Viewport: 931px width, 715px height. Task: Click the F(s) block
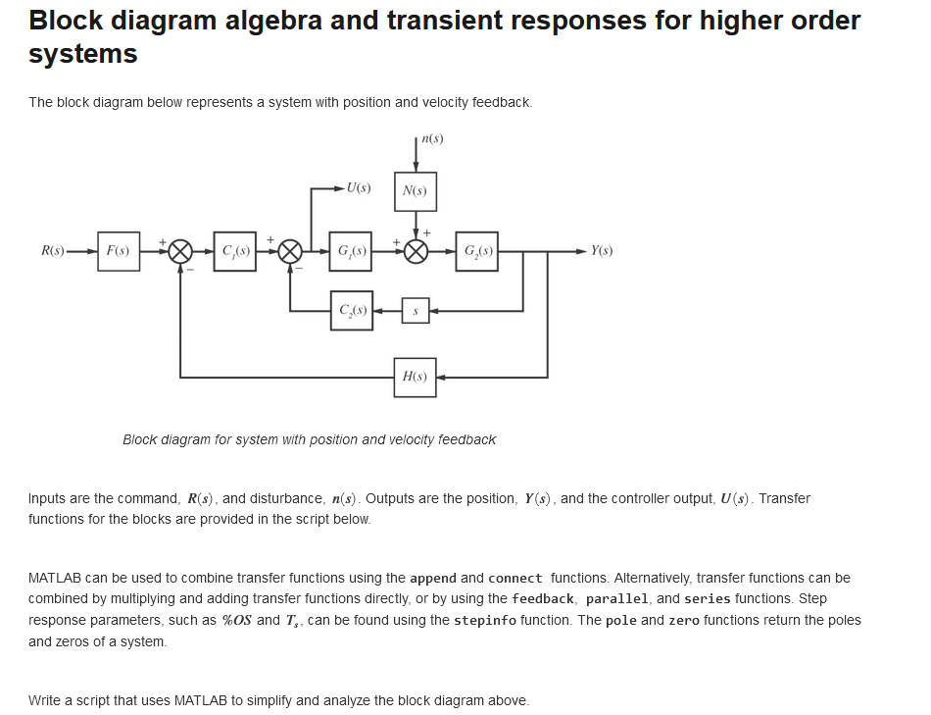coord(119,251)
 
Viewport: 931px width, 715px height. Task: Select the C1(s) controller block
coord(234,251)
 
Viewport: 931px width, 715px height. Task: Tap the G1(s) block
coord(351,251)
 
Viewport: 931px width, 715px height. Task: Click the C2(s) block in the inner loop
coord(351,311)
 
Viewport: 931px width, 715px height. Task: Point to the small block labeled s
coord(416,311)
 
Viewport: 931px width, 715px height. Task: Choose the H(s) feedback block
coord(415,377)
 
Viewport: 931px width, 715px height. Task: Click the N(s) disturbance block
coord(415,191)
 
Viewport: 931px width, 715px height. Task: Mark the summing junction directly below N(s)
coord(416,251)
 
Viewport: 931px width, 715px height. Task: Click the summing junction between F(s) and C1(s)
coord(179,251)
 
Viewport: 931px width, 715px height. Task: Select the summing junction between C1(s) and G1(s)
coord(290,251)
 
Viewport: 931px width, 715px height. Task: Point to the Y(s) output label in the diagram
coord(602,251)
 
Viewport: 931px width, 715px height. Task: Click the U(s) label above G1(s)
coord(358,187)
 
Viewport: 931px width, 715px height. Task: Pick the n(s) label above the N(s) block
coord(431,138)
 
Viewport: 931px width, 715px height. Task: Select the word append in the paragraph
coord(432,578)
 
